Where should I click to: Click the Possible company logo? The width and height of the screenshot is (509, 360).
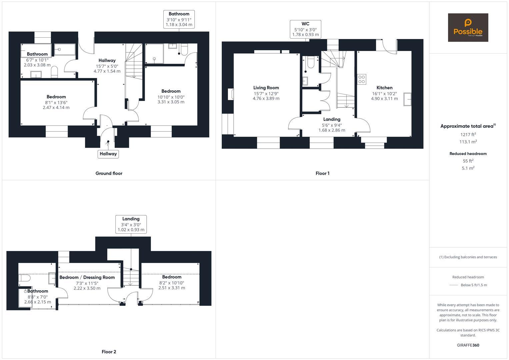468,28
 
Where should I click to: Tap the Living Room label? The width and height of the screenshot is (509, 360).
266,88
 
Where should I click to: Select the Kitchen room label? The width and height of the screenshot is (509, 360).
384,88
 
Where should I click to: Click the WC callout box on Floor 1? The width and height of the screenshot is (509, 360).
305,29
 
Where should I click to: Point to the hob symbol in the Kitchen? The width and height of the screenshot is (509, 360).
362,79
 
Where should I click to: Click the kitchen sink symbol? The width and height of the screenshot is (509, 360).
407,99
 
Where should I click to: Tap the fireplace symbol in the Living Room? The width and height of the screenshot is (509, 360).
230,94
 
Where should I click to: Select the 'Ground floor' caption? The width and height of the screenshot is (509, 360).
109,173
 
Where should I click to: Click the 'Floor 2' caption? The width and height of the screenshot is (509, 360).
109,352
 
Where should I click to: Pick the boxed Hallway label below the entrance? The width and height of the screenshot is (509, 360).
108,154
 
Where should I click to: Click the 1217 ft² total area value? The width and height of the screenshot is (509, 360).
468,135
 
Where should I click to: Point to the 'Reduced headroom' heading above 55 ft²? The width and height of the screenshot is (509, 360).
468,154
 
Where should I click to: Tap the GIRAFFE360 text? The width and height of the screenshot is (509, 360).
468,345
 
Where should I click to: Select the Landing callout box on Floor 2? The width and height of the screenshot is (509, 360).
131,224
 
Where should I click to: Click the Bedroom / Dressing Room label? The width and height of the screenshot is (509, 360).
87,277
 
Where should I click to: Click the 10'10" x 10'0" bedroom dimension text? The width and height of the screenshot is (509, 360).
171,97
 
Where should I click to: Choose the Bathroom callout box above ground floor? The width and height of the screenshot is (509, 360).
179,19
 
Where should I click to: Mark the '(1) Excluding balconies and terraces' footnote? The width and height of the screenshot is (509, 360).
468,257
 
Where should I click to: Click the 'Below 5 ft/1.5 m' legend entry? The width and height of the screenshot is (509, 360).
474,285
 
